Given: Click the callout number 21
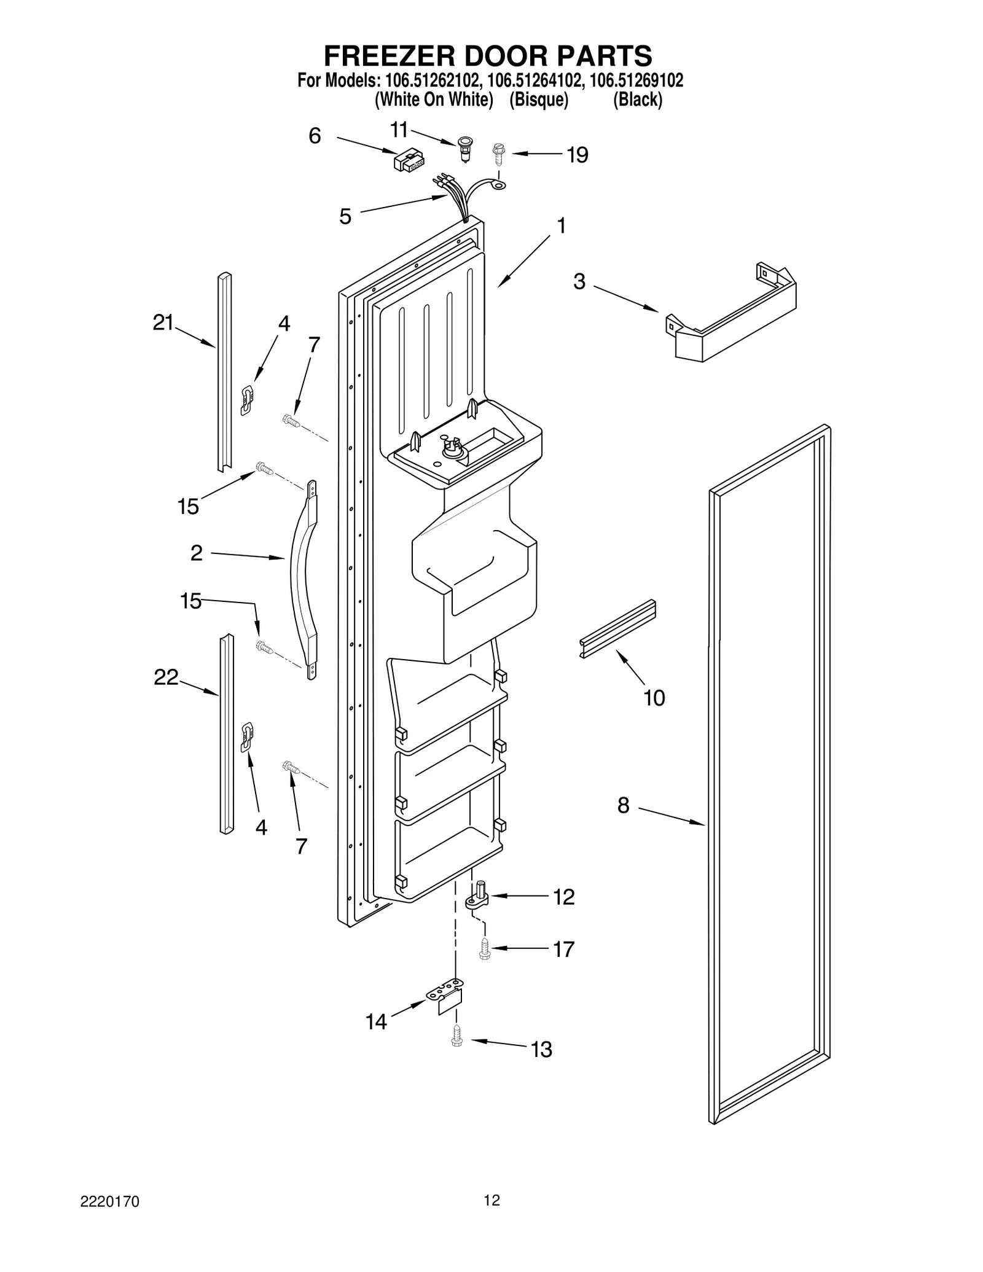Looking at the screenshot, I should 163,322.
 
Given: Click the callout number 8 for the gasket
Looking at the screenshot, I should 623,805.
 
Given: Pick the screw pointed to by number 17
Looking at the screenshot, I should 484,948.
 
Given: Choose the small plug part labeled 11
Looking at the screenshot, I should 466,150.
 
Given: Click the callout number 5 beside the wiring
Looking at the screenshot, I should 345,216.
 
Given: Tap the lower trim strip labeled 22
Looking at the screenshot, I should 227,735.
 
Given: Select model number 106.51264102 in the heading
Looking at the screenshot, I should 532,80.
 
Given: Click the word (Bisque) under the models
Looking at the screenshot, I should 538,99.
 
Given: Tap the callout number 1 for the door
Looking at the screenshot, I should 560,226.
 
